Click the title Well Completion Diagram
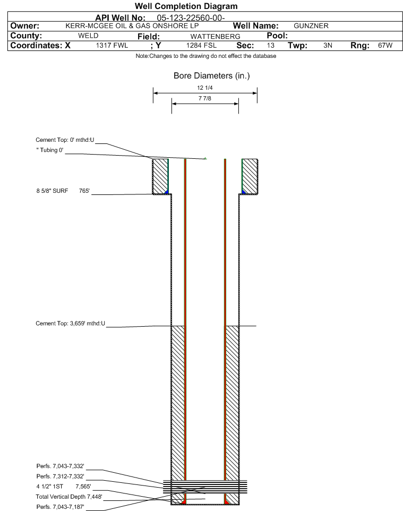[x=186, y=6]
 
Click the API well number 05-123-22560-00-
[x=191, y=18]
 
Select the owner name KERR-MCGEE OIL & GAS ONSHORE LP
[x=132, y=25]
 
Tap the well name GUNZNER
[x=311, y=25]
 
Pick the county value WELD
[x=88, y=36]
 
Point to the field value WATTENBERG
[x=216, y=36]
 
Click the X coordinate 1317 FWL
[x=112, y=45]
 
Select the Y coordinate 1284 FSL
[x=201, y=45]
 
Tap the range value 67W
[x=385, y=45]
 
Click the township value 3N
[x=328, y=45]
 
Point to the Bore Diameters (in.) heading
[x=212, y=75]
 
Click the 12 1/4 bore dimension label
[x=205, y=88]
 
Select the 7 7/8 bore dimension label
[x=205, y=98]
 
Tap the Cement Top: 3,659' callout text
[x=71, y=323]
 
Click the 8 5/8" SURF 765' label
[x=63, y=191]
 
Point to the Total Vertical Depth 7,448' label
[x=69, y=497]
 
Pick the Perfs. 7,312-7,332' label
[x=61, y=476]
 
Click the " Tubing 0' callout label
[x=50, y=150]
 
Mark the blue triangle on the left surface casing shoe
[x=167, y=192]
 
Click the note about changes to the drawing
[x=206, y=56]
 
